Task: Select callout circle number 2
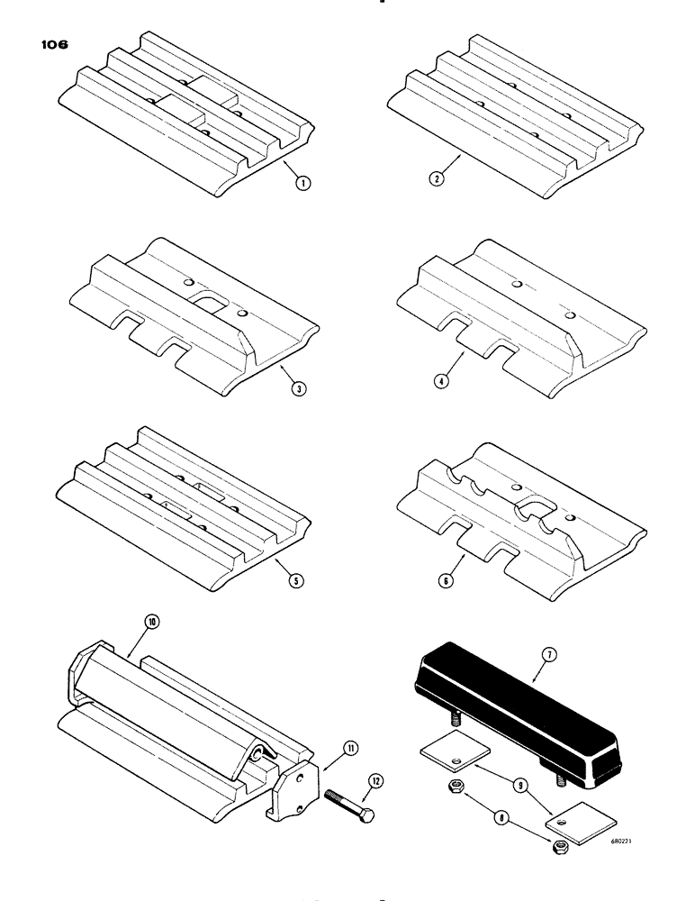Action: point(438,177)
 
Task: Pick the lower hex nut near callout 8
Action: point(561,846)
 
